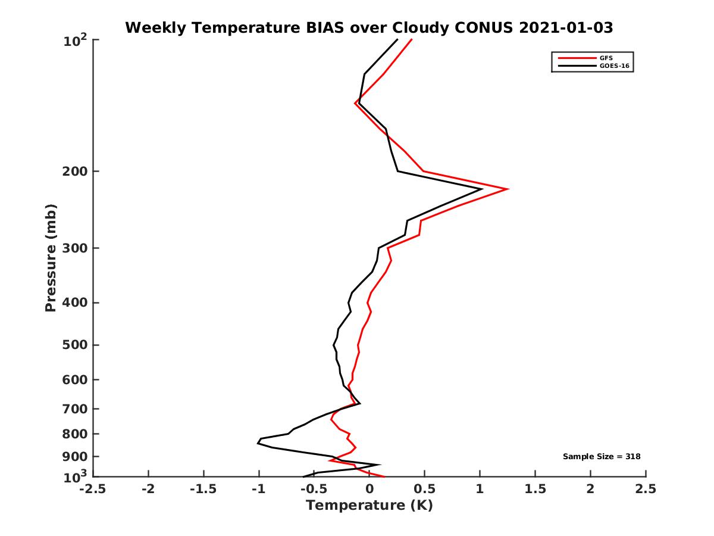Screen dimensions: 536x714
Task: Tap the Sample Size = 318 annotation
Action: point(602,457)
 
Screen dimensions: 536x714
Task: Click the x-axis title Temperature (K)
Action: point(369,506)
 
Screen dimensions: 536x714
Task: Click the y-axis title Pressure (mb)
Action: point(51,258)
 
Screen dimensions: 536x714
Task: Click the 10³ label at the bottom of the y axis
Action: point(76,476)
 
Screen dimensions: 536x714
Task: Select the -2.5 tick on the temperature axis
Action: point(93,490)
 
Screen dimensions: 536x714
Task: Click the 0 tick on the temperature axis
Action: point(369,490)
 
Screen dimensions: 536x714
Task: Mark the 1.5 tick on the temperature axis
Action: point(535,490)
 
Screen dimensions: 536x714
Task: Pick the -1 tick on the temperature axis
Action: point(259,490)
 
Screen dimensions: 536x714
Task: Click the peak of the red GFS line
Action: point(507,189)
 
